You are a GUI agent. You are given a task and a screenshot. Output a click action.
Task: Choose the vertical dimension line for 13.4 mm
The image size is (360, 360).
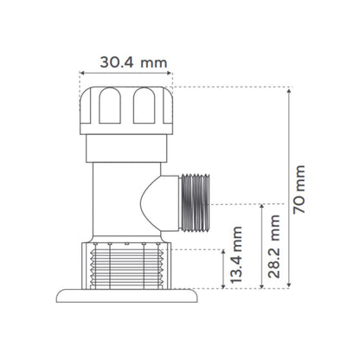(x=223, y=267)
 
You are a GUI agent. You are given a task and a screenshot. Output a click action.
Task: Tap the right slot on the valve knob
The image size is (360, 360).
(x=142, y=108)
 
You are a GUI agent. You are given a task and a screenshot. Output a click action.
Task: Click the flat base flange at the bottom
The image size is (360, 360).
(x=129, y=296)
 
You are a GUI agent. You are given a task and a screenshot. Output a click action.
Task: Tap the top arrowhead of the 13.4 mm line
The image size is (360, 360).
(x=223, y=250)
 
